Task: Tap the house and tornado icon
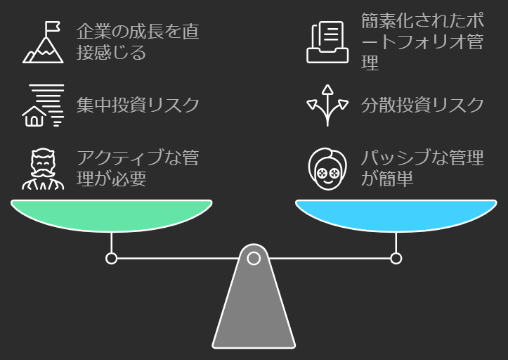point(43,105)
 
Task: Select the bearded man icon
point(42,169)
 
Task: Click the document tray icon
point(327,42)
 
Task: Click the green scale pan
point(111,214)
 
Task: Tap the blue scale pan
point(396,214)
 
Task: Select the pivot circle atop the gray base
point(254,259)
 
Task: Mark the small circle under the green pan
point(111,259)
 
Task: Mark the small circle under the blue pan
point(396,259)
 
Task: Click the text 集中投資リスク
point(138,105)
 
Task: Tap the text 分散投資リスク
point(422,105)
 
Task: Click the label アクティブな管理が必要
point(137,168)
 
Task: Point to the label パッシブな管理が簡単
point(422,168)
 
